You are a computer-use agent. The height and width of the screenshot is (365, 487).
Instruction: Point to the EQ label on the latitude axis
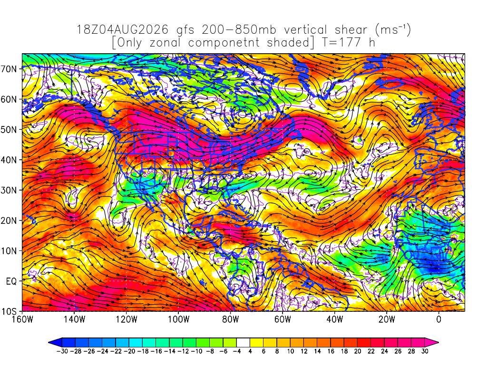click(x=11, y=281)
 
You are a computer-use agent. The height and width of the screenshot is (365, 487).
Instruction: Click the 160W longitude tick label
click(x=22, y=319)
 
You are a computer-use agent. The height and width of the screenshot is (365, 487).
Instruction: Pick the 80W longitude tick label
click(x=231, y=319)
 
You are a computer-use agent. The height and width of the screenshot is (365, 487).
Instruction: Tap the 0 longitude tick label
click(x=439, y=319)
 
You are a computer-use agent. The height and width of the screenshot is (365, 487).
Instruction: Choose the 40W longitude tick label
click(x=334, y=319)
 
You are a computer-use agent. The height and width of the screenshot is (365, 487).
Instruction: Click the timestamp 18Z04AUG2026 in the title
click(x=122, y=30)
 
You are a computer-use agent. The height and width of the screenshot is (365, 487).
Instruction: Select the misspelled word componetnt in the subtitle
click(x=224, y=43)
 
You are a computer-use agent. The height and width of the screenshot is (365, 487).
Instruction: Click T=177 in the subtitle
click(x=341, y=42)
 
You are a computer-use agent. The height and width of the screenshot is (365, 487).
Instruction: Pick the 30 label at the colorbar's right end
click(x=425, y=351)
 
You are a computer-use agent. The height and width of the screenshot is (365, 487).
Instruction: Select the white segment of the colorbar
click(x=243, y=343)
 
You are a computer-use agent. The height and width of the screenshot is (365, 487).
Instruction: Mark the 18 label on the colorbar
click(x=344, y=351)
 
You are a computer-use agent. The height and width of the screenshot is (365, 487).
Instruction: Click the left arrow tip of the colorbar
click(x=49, y=343)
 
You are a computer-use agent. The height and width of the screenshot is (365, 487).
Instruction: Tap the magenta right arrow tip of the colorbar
click(x=438, y=343)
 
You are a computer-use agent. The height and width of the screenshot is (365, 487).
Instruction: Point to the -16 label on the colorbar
click(x=156, y=351)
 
